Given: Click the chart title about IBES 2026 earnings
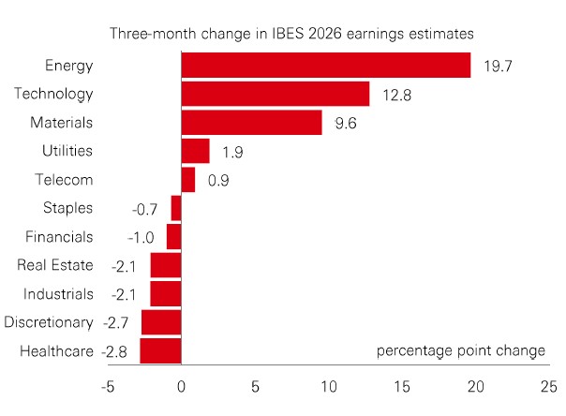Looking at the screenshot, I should [x=290, y=34].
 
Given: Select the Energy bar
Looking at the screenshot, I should [x=325, y=66].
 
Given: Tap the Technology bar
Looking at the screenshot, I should [x=275, y=94].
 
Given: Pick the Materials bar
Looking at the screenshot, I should [x=251, y=123].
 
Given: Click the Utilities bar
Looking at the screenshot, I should [x=195, y=151].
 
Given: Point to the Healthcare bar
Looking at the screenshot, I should [x=160, y=351].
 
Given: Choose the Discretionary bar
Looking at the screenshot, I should [x=161, y=322].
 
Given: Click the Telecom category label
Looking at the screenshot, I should [x=67, y=180].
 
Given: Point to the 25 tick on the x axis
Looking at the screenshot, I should [x=548, y=387].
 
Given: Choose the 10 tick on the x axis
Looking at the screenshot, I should [x=327, y=387].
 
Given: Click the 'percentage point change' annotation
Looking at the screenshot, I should [x=460, y=351].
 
